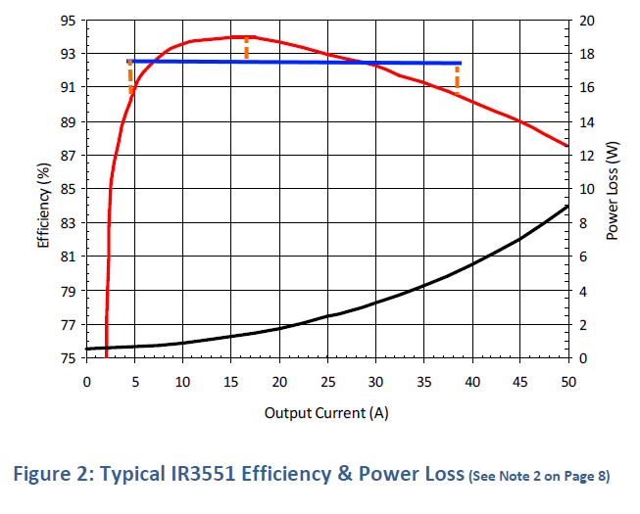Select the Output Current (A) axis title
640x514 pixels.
(x=326, y=412)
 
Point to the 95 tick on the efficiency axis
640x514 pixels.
(x=69, y=20)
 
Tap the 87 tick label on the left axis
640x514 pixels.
(x=69, y=156)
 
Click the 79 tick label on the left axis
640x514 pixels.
(x=69, y=291)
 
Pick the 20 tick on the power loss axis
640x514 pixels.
(x=586, y=20)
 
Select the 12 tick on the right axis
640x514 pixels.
(x=586, y=156)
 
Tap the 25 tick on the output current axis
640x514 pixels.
(x=327, y=379)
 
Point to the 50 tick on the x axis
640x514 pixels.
(x=568, y=379)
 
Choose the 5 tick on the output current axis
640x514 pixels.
(x=135, y=379)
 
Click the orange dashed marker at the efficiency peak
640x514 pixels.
(x=246, y=48)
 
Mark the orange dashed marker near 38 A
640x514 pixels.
(x=457, y=76)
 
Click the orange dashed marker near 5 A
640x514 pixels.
(x=130, y=78)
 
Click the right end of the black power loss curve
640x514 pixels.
(x=567, y=207)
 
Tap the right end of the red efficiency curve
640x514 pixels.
(x=567, y=146)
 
